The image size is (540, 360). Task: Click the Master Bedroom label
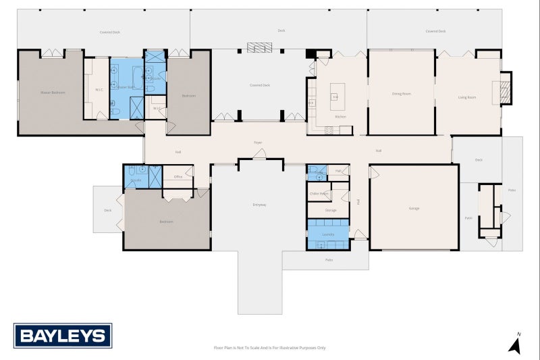tap(53, 92)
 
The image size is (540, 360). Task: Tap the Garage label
tap(414, 208)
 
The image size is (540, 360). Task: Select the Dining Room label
tap(401, 94)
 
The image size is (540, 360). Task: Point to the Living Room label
tap(467, 97)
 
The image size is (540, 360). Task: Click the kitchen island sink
tap(335, 97)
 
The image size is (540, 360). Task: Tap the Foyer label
tap(258, 143)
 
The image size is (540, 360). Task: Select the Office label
tap(178, 177)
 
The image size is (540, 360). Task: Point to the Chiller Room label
tap(319, 194)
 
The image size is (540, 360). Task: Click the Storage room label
tap(331, 210)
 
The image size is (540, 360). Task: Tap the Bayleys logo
tap(63, 335)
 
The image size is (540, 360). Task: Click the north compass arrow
tap(514, 345)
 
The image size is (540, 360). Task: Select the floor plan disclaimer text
tap(269, 348)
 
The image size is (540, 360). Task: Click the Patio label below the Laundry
tap(329, 259)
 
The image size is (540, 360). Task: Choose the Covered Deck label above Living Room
tap(435, 31)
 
